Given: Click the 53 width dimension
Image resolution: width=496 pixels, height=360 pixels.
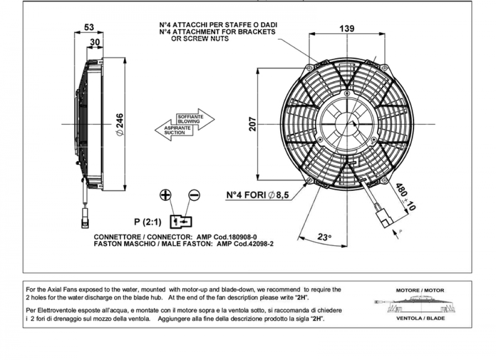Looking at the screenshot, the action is pyautogui.click(x=89, y=27).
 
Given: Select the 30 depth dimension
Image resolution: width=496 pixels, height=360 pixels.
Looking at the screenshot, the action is pyautogui.click(x=95, y=42).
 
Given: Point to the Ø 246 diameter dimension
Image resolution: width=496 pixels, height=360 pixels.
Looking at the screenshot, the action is pyautogui.click(x=120, y=124).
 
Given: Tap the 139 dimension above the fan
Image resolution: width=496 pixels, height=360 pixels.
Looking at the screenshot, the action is pyautogui.click(x=347, y=28).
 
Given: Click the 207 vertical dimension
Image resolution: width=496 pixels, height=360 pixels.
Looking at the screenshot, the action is pyautogui.click(x=252, y=124).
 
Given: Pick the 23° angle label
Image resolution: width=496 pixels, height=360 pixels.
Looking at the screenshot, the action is pyautogui.click(x=324, y=237).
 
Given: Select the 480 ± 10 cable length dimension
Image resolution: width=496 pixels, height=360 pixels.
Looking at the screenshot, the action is pyautogui.click(x=405, y=196).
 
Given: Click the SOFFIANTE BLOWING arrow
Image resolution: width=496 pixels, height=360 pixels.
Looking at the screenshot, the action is pyautogui.click(x=195, y=120).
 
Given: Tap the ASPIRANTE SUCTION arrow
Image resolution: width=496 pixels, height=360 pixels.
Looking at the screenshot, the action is pyautogui.click(x=174, y=130).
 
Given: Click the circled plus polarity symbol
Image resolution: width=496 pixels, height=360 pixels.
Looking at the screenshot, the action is pyautogui.click(x=166, y=195).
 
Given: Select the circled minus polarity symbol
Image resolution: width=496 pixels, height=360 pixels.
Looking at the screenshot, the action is pyautogui.click(x=194, y=195).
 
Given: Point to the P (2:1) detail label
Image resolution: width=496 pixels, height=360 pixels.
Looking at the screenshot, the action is pyautogui.click(x=147, y=222).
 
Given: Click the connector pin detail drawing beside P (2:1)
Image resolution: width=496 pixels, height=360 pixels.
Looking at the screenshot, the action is pyautogui.click(x=181, y=222).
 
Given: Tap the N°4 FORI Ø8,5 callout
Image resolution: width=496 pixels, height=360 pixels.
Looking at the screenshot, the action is pyautogui.click(x=257, y=195).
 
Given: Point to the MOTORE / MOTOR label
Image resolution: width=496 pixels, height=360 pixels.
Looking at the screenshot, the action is pyautogui.click(x=420, y=290).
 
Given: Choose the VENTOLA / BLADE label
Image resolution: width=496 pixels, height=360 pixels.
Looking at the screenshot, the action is pyautogui.click(x=421, y=318).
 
